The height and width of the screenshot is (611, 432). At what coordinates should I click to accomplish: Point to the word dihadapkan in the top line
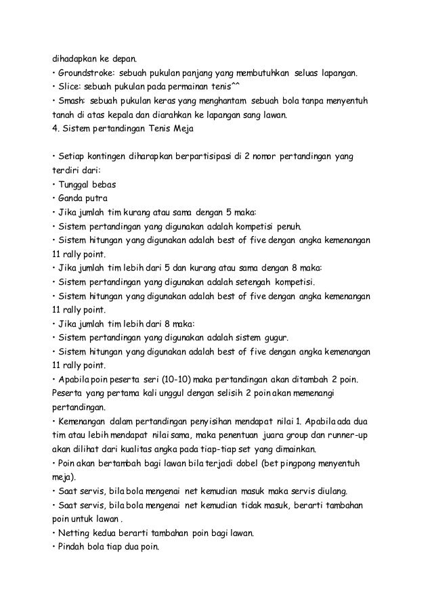pos(75,58)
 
